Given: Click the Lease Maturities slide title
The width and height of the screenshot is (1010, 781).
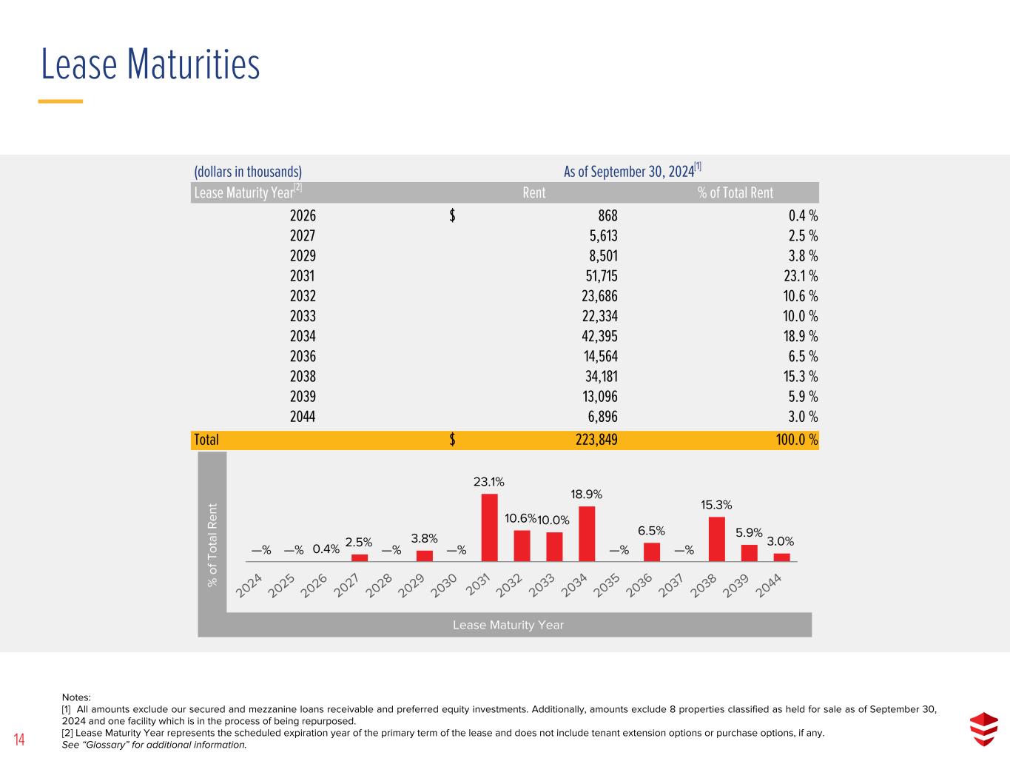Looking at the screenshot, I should click(x=150, y=64).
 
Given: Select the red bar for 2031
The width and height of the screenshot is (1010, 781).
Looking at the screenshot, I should click(x=489, y=528).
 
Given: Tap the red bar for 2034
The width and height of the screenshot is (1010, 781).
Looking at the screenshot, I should click(x=587, y=534).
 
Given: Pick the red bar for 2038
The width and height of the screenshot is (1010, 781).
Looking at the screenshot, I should click(x=716, y=539).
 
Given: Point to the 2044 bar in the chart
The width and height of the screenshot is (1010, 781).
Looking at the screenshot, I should click(x=781, y=557).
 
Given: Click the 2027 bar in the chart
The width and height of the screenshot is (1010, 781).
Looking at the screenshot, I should click(x=360, y=557).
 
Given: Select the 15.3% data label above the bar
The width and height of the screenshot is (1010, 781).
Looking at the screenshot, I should click(x=716, y=505).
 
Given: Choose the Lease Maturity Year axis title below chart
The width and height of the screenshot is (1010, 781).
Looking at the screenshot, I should click(x=508, y=625).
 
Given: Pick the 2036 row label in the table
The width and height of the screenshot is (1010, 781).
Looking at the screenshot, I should click(x=303, y=356).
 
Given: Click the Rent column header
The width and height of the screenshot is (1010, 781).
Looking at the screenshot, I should click(x=533, y=192).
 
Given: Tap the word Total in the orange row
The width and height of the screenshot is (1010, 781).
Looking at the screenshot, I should click(x=206, y=440).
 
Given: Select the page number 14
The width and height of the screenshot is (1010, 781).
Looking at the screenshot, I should click(x=18, y=740).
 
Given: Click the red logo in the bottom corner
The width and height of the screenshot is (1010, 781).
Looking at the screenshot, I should click(x=983, y=728).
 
